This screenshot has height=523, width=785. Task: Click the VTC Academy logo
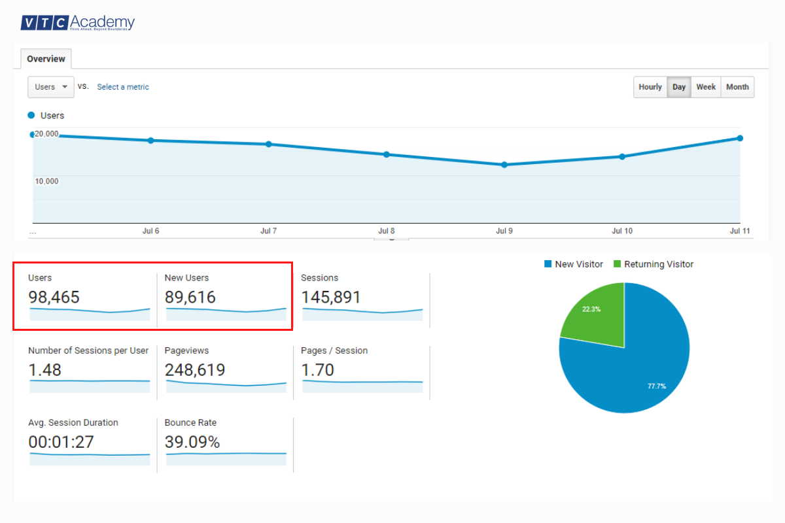point(77,23)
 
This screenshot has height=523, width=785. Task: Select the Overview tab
point(46,59)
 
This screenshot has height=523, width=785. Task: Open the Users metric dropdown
point(51,87)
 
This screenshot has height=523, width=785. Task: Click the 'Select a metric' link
point(123,87)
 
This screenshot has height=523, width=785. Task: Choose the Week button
point(706,87)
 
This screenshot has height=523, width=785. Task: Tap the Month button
point(737,87)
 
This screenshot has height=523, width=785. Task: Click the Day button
point(679,87)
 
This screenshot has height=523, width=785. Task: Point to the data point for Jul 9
point(504,165)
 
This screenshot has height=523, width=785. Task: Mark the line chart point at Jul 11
point(740,138)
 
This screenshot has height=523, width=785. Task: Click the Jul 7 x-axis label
point(268,231)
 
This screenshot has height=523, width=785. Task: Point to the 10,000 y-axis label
point(46,181)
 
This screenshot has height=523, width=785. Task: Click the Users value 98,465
point(54,297)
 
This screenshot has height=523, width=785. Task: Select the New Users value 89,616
point(190,297)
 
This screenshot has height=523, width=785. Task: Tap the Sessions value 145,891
point(331,297)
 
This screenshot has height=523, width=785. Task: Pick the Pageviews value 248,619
point(195,370)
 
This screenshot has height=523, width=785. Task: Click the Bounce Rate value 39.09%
point(192,443)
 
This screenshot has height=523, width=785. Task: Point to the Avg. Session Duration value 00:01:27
point(61,443)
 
